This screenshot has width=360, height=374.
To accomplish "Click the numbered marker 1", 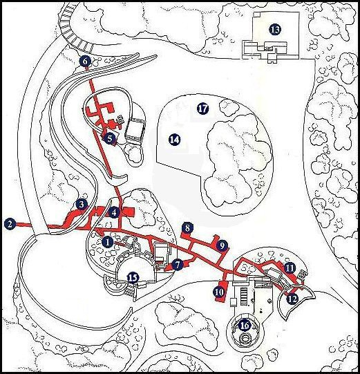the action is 107,243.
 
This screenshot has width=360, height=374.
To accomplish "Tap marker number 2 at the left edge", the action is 10,224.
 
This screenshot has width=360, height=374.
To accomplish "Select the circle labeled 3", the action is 82,205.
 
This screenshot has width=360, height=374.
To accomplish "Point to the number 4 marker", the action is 114,212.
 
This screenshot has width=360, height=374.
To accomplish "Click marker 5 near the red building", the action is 109,138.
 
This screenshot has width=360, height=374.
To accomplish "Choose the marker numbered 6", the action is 85,62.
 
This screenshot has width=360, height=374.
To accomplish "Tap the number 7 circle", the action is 178,265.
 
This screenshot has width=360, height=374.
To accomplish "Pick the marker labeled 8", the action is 187,228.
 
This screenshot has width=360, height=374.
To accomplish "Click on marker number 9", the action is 222,245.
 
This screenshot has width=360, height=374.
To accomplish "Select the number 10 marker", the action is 220,292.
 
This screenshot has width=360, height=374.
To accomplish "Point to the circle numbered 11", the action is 290,268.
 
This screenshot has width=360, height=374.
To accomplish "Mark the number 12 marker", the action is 292,299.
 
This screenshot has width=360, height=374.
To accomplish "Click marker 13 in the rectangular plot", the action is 275,30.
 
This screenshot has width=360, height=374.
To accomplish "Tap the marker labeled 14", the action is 175,140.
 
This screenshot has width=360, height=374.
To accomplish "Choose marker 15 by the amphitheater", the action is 133,277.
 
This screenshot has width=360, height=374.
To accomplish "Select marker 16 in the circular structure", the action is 245,326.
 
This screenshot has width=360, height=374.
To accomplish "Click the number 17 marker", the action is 203,109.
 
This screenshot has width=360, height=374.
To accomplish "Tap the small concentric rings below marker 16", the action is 245,338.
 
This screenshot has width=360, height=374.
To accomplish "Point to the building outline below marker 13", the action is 264,50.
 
